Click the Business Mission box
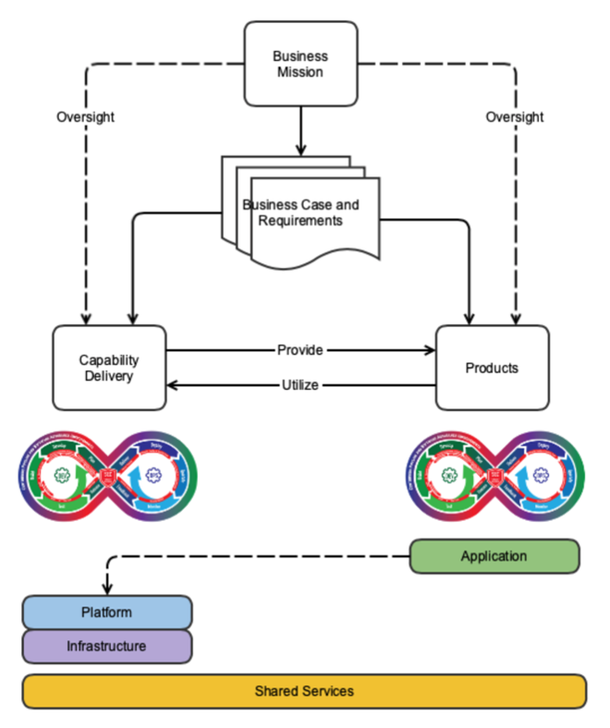pos(299,64)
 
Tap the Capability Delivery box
pos(109,367)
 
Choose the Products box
pos(492,367)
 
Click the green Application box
pos(494,556)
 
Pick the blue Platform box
pos(106,613)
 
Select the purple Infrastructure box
pos(106,646)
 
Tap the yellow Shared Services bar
pos(304,691)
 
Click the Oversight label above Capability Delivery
pos(85,117)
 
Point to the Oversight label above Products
pos(515,117)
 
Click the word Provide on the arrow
pos(300,350)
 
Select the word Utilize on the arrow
pos(300,384)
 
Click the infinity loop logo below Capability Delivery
pos(109,472)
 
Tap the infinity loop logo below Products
pos(496,472)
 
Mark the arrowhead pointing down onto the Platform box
pos(107,589)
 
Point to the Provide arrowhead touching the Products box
pos(430,350)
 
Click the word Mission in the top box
pos(300,72)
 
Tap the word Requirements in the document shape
pos(300,221)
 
